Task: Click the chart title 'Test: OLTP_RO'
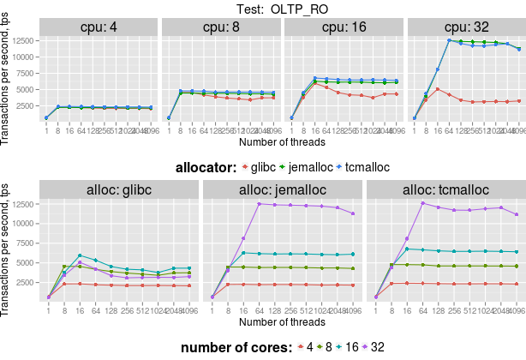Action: (x=282, y=9)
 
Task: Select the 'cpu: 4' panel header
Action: (x=99, y=26)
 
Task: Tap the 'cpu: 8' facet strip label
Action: (x=221, y=26)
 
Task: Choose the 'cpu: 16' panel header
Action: (x=343, y=26)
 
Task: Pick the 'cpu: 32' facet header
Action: (x=465, y=26)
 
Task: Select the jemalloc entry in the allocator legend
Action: (x=335, y=168)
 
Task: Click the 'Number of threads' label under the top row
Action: (x=282, y=141)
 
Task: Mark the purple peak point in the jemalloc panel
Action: (x=259, y=204)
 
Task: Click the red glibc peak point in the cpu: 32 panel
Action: (x=438, y=89)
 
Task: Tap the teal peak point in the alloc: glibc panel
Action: (x=80, y=255)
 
